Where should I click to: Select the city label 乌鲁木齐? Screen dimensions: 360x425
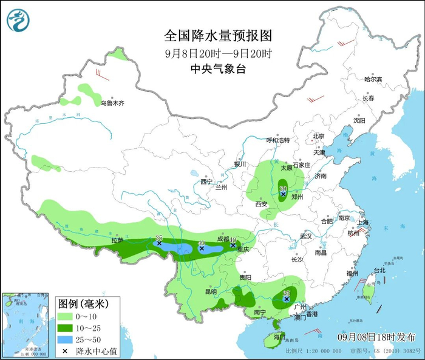click(x=112, y=104)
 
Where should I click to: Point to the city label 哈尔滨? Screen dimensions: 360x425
click(x=373, y=80)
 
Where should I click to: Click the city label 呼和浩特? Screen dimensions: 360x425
click(x=279, y=140)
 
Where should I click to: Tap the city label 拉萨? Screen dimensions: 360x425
click(x=117, y=240)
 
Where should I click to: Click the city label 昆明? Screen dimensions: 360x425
click(x=211, y=292)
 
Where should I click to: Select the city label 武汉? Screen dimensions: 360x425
click(x=305, y=236)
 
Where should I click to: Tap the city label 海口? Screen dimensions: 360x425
click(x=279, y=336)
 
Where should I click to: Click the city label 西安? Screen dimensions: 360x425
click(x=262, y=204)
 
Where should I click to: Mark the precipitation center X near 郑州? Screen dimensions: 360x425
click(x=283, y=194)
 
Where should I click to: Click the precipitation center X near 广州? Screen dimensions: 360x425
click(x=286, y=298)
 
